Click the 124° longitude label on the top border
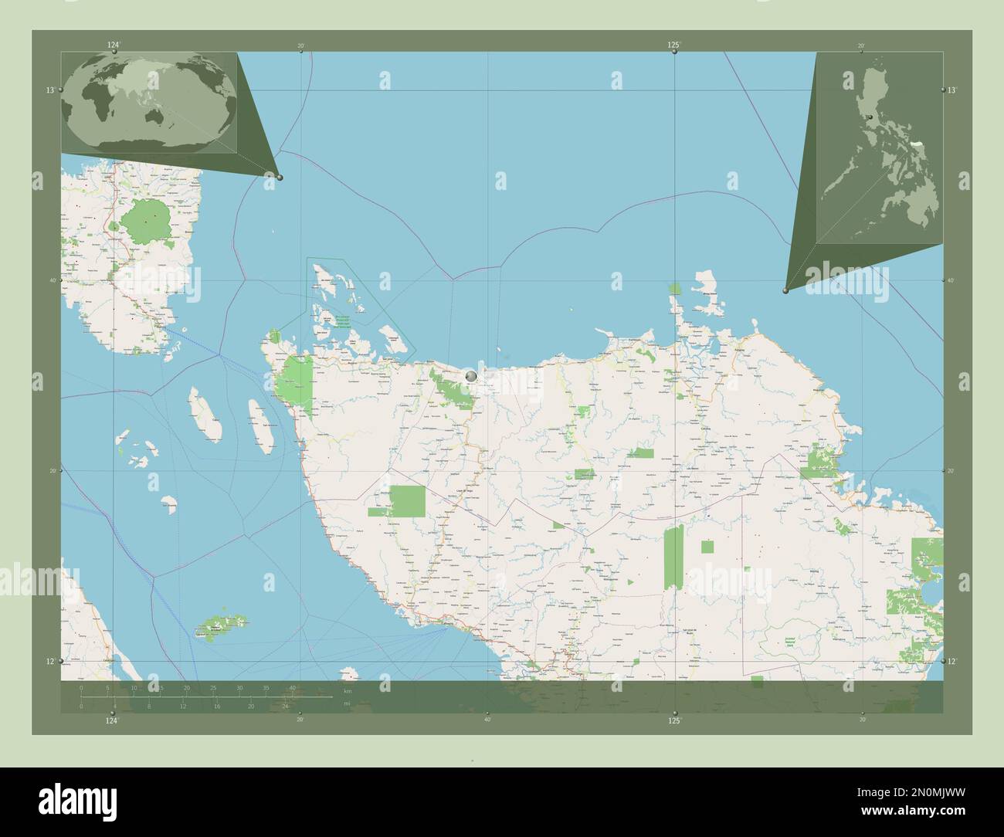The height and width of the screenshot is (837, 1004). (114, 46)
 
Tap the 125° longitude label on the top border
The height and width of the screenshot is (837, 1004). (674, 46)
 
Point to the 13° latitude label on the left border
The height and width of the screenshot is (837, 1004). (49, 90)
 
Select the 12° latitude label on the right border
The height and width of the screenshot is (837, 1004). (953, 662)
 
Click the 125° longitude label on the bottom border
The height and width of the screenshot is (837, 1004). (674, 720)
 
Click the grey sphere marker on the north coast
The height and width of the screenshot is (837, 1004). (471, 376)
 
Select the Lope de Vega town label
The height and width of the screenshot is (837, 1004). (465, 492)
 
